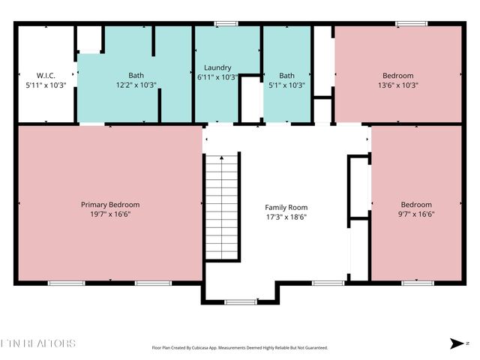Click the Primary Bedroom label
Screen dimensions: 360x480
[x=110, y=205]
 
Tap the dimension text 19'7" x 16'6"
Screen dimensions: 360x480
[x=110, y=214]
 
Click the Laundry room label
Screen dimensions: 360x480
[x=218, y=67]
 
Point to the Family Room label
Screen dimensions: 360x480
[x=286, y=208]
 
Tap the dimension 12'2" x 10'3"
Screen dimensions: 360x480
[x=136, y=85]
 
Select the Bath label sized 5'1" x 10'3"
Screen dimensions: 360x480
[x=286, y=76]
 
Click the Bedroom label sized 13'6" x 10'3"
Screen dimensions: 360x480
[x=397, y=76]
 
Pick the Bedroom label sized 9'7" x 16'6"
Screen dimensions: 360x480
[x=416, y=205]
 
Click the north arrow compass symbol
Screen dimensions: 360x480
[x=457, y=343]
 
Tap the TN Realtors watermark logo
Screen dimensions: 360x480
[x=38, y=343]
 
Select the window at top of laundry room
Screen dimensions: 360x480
[x=223, y=25]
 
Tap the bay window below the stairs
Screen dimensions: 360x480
[x=240, y=302]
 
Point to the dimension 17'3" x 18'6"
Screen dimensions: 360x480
[x=286, y=217]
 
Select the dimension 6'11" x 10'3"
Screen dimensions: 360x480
[x=218, y=76]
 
